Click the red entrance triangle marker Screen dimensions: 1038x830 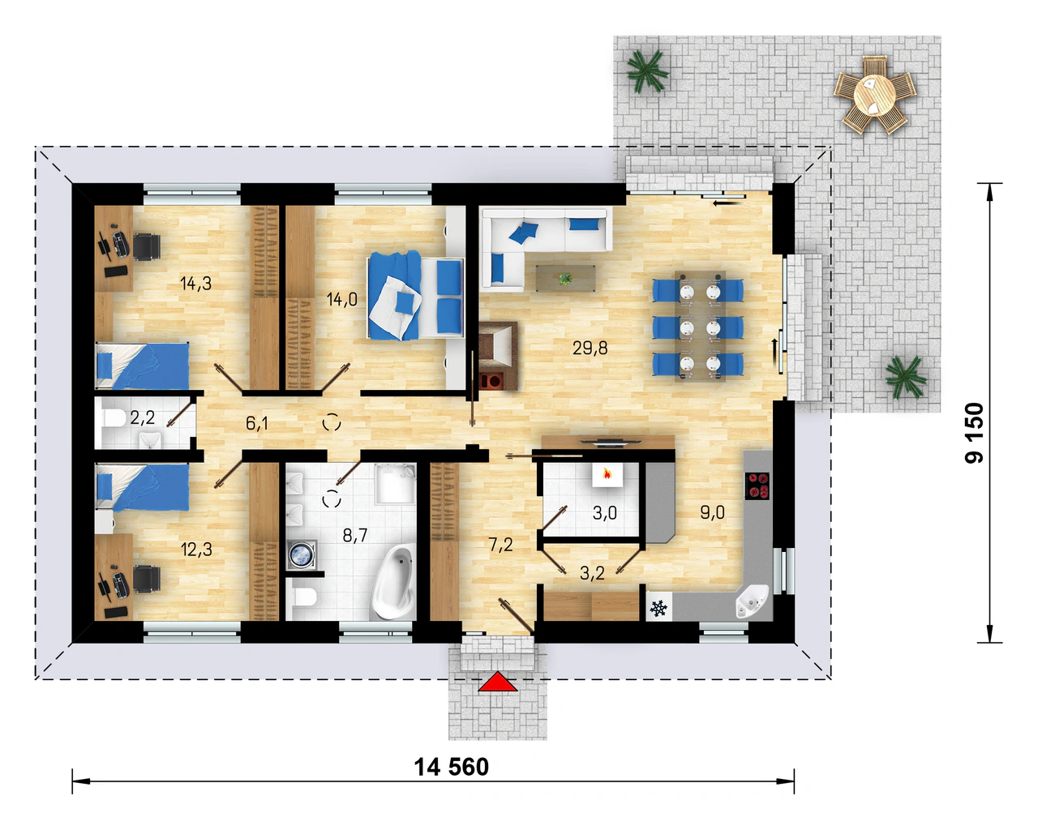coord(498,682)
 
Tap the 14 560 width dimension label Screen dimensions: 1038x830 coord(452,768)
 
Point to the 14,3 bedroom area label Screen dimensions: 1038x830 coord(195,283)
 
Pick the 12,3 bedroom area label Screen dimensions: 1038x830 coord(195,550)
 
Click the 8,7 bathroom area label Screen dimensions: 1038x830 coord(355,535)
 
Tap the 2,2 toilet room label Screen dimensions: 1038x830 coord(142,417)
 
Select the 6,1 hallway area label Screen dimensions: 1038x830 coord(256,423)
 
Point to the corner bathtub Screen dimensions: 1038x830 coord(393,582)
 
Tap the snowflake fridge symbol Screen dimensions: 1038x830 coord(658,609)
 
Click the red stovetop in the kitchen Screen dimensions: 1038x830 coord(757,486)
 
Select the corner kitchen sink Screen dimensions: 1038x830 coord(751,601)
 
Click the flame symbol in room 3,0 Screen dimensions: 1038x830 coord(607,474)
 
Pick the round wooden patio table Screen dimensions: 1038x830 coord(874,95)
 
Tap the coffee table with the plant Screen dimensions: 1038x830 coord(565,279)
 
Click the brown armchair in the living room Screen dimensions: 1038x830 coord(498,356)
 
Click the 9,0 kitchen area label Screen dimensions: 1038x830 coord(713,512)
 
